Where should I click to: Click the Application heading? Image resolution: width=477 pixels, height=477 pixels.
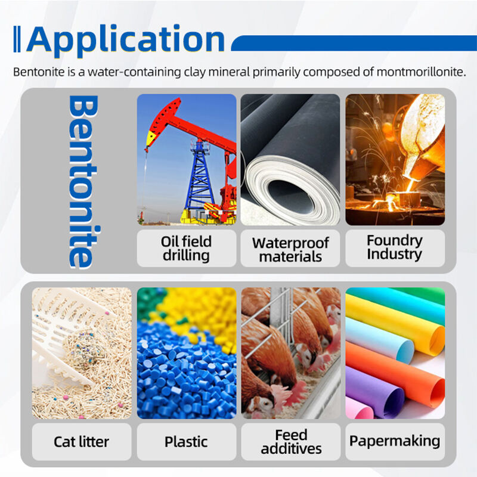[126, 39]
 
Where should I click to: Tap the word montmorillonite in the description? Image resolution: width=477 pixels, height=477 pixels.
[422, 72]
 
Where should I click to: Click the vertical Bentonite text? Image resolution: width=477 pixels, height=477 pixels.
[83, 182]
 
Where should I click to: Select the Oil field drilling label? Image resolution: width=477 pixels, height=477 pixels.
[186, 248]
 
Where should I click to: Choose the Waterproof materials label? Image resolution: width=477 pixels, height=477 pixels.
[290, 249]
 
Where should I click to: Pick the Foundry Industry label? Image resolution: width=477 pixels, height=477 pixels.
[395, 247]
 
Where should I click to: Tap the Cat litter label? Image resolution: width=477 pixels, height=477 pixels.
[81, 442]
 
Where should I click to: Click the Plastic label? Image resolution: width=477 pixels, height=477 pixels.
[186, 442]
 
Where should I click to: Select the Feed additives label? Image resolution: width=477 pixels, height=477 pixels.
[291, 442]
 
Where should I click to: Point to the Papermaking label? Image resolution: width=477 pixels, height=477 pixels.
[395, 441]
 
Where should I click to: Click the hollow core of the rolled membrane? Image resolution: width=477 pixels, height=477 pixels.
[290, 196]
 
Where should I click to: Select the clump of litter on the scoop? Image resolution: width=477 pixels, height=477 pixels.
[83, 350]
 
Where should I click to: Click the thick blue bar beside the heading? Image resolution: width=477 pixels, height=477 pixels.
[354, 43]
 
